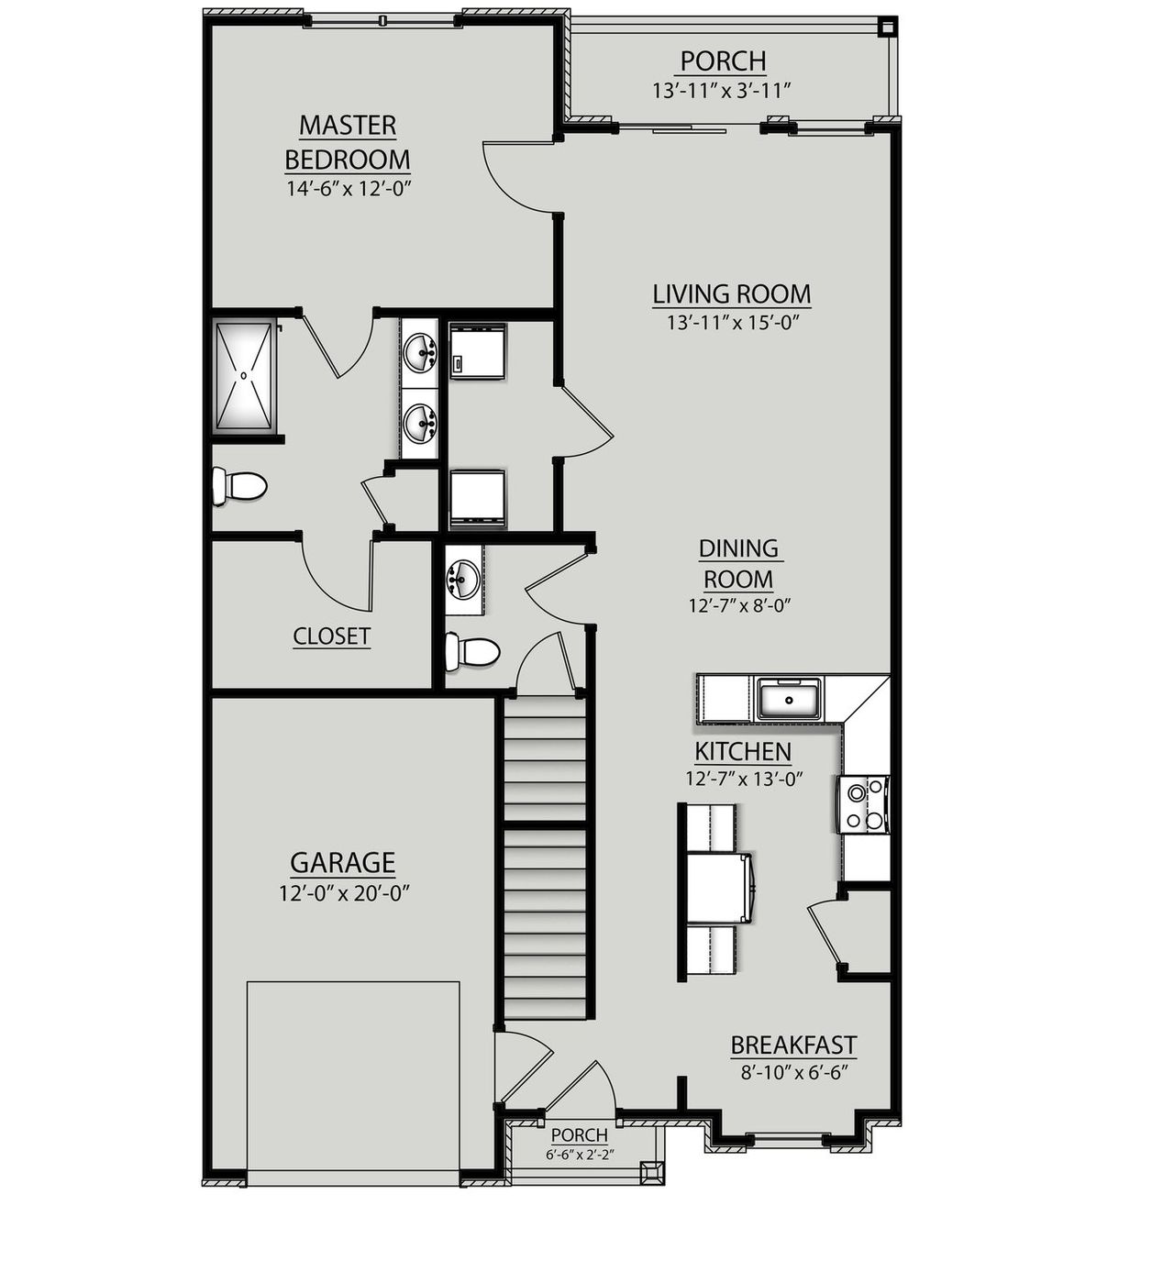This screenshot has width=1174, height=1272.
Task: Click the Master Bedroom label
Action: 347,142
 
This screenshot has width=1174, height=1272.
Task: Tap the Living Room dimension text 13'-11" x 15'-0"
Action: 732,323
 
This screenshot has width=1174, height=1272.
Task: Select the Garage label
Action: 342,863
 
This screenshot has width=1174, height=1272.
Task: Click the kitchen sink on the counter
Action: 788,700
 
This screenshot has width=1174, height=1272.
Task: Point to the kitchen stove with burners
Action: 863,805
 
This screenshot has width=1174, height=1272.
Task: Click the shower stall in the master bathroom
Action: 244,375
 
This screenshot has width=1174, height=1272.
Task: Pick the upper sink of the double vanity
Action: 422,350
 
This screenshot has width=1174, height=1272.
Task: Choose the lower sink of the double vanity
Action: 422,424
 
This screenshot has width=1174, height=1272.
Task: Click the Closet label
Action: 331,636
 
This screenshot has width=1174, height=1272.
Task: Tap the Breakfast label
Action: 793,1045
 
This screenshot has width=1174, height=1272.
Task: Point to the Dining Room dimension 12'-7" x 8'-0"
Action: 739,605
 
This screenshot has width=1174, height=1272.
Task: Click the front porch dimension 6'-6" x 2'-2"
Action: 580,1155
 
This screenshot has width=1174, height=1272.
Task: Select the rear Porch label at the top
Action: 723,61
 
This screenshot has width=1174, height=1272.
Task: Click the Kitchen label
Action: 742,752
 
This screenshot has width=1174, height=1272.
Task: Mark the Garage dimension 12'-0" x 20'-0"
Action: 343,893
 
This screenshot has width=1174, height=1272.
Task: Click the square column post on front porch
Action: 652,1173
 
